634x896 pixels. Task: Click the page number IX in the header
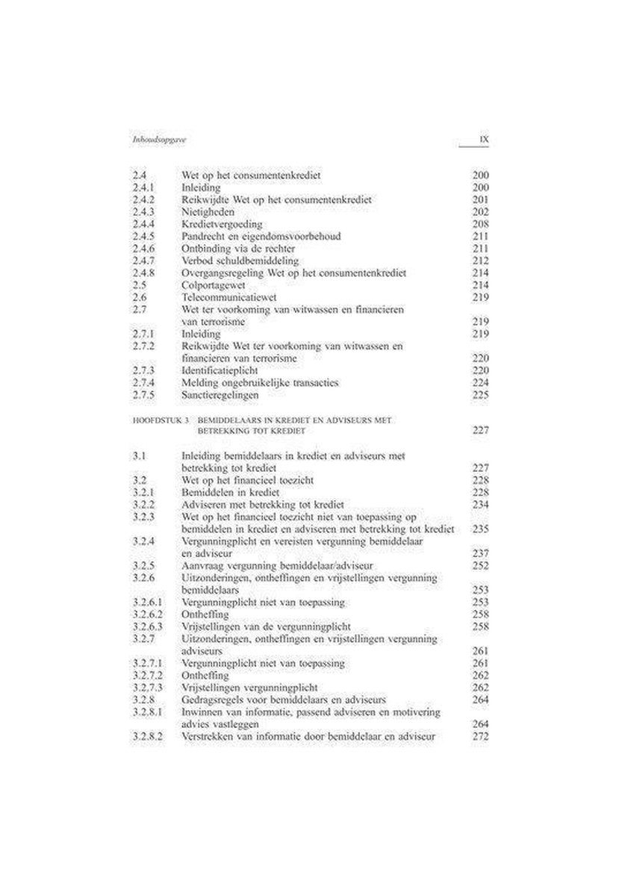(x=483, y=140)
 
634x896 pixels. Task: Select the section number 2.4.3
(x=142, y=212)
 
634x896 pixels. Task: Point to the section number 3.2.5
(x=142, y=566)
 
